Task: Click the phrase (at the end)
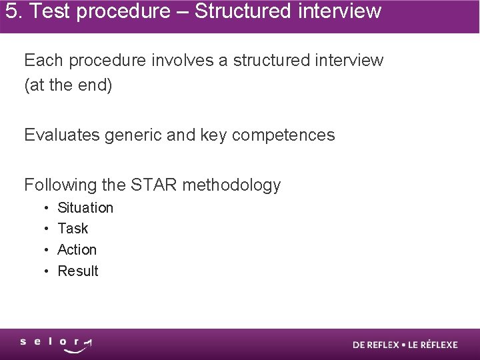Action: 68,86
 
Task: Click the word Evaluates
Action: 61,135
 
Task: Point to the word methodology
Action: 231,185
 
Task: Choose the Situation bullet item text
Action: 85,207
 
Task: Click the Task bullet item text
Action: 73,229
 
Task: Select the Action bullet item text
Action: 77,250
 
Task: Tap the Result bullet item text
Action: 78,271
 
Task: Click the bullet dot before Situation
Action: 45,208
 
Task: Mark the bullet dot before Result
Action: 45,272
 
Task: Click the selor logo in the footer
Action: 57,345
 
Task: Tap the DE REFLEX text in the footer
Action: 376,345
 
